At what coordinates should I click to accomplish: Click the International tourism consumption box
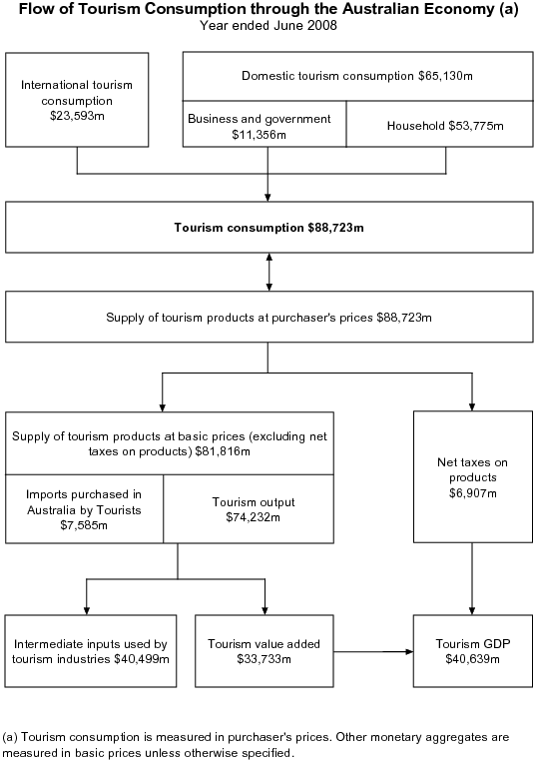(x=77, y=100)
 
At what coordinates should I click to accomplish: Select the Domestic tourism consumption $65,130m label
(x=355, y=75)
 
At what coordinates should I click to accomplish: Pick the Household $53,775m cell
(x=445, y=126)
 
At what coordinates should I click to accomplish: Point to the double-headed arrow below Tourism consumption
(x=268, y=272)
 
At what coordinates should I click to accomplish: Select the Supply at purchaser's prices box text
(x=268, y=318)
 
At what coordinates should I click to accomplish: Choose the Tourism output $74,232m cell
(x=254, y=509)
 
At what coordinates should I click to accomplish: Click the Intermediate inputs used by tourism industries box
(x=90, y=651)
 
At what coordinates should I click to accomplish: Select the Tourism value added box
(x=264, y=651)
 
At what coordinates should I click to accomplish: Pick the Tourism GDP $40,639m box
(x=472, y=651)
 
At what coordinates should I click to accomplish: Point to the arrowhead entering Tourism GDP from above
(x=472, y=609)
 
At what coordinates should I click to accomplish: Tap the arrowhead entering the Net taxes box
(x=472, y=404)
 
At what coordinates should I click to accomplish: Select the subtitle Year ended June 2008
(x=268, y=26)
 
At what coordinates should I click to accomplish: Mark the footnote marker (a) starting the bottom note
(x=12, y=736)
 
